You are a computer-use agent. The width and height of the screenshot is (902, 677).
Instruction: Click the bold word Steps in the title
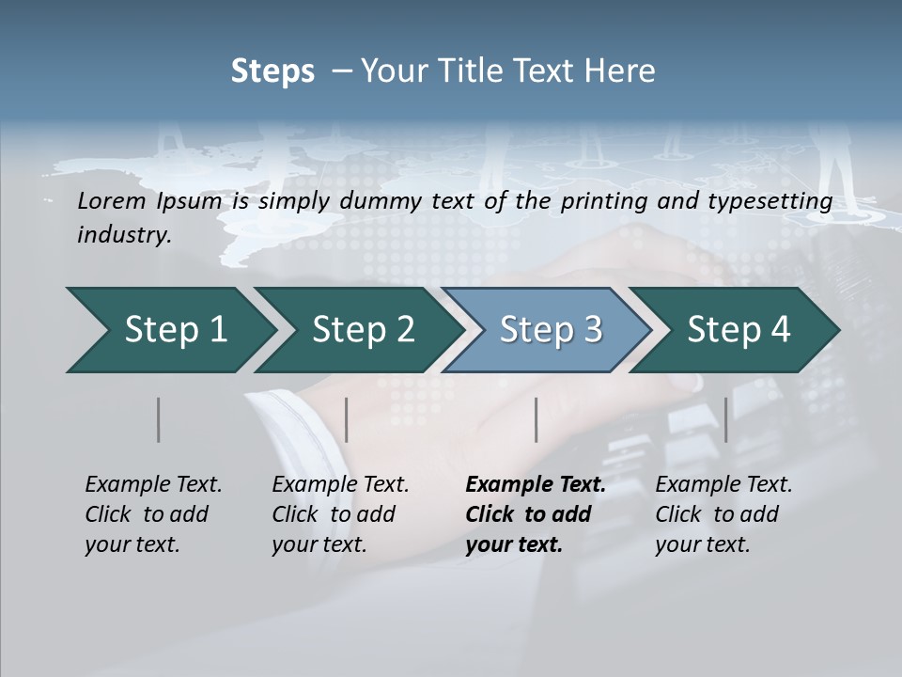click(x=272, y=71)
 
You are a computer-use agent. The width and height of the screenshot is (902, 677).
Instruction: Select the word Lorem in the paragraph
click(x=111, y=200)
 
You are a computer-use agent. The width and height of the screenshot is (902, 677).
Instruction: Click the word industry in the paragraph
click(x=123, y=234)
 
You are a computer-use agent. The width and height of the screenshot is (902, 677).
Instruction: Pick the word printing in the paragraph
click(x=605, y=200)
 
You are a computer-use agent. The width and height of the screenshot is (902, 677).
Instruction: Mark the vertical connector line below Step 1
click(x=159, y=419)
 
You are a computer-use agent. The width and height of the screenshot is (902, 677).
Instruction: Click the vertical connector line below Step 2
click(x=347, y=419)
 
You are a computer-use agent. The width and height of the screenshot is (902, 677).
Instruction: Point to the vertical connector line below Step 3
click(x=537, y=419)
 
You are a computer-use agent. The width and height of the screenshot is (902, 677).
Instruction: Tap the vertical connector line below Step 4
click(x=726, y=419)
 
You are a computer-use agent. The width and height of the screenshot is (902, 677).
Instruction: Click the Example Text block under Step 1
click(x=153, y=514)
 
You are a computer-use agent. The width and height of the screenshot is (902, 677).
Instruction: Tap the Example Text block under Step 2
click(x=340, y=514)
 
